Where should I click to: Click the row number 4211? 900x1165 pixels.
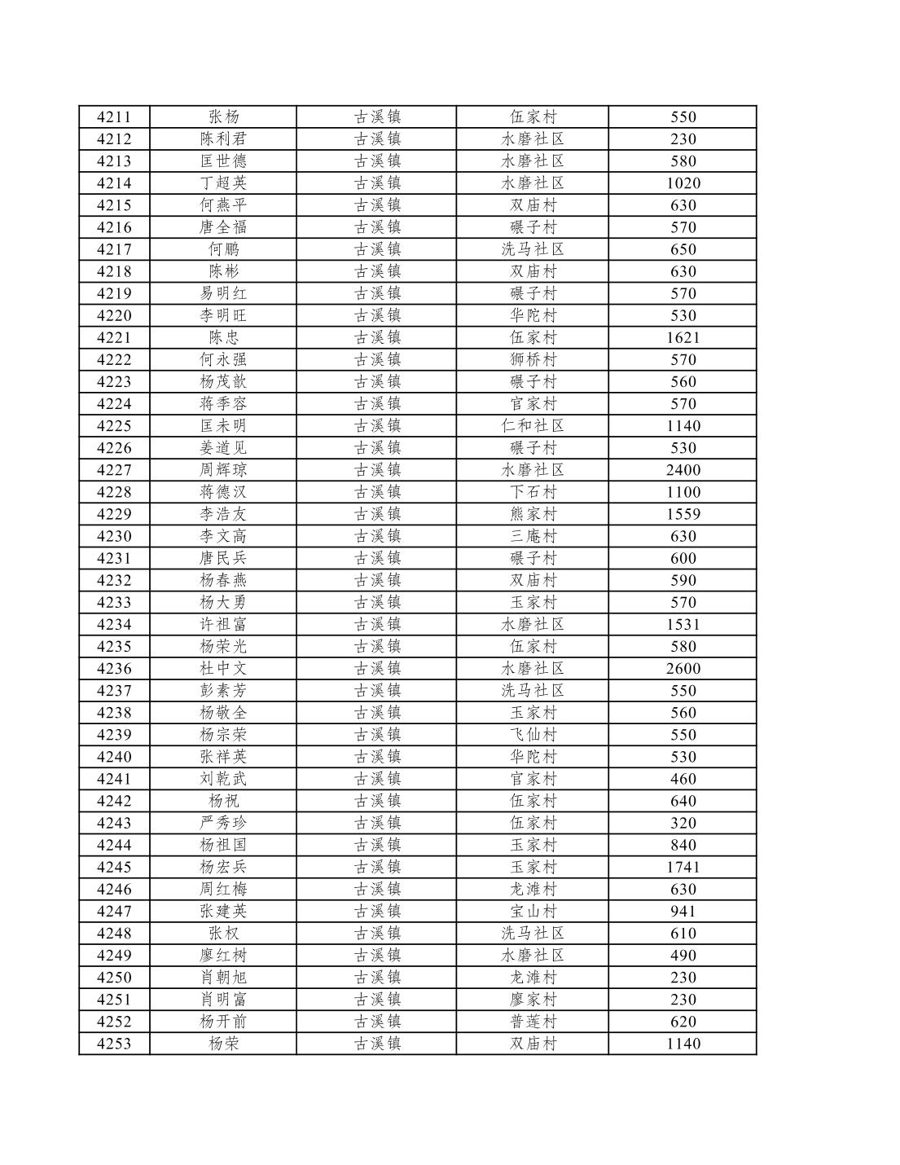[113, 116]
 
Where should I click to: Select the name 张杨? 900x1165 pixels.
[223, 116]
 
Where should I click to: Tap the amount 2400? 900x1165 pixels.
[683, 470]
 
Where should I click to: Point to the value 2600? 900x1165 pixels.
[683, 669]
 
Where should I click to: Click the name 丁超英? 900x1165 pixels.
[223, 183]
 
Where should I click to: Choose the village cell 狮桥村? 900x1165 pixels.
[533, 359]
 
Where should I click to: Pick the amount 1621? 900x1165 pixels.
[683, 337]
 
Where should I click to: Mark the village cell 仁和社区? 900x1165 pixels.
[533, 425]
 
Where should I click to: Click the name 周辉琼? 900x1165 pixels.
[223, 470]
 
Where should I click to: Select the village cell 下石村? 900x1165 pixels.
[533, 492]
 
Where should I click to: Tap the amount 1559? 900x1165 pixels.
[683, 514]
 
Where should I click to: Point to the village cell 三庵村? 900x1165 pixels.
[533, 536]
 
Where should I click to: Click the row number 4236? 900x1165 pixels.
[113, 669]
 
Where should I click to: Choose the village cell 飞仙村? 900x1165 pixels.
[533, 735]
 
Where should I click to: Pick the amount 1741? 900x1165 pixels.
[683, 867]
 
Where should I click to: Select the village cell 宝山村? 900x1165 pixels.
[533, 911]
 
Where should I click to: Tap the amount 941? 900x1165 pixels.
[683, 911]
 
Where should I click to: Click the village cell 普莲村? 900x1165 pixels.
[533, 1022]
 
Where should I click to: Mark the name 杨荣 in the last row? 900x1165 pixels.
[223, 1044]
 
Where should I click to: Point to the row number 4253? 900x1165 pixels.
[113, 1044]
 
